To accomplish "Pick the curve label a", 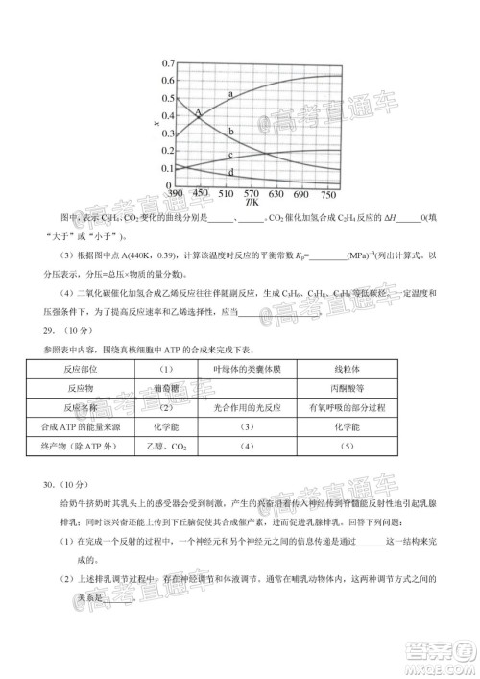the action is click(231, 93).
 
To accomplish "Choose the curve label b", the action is click(231, 131).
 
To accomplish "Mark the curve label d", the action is click(231, 172).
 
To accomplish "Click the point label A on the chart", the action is click(198, 113).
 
